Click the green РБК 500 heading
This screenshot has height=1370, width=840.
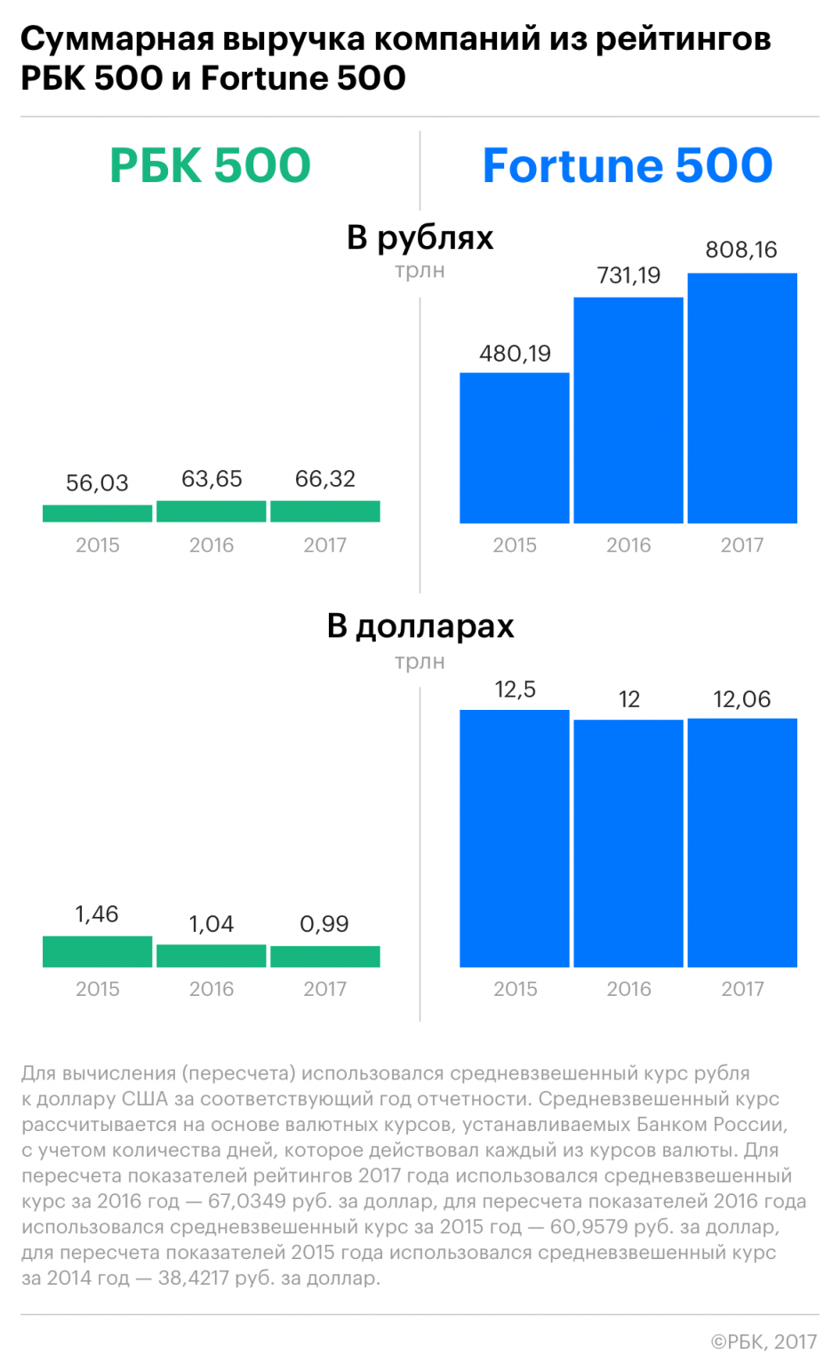(x=211, y=165)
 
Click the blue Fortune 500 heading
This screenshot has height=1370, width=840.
(x=628, y=165)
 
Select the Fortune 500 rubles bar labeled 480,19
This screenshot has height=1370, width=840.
(x=515, y=448)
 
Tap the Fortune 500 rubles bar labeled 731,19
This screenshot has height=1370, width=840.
(x=628, y=410)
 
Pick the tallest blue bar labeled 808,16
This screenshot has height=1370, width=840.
(x=742, y=398)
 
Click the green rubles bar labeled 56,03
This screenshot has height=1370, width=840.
(x=97, y=514)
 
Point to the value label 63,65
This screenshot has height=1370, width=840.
(x=212, y=478)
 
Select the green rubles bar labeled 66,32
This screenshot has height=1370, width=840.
(x=324, y=511)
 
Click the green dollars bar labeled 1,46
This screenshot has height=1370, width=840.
(x=97, y=952)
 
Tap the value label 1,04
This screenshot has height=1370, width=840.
(x=211, y=923)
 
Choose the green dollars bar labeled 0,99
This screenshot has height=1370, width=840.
(x=324, y=957)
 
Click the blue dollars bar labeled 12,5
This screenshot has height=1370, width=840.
(x=515, y=839)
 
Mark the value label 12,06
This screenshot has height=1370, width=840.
(x=742, y=699)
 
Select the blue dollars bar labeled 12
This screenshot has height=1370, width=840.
(x=628, y=843)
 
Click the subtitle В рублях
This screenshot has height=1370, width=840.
(x=420, y=238)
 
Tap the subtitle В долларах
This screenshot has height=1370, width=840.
(x=420, y=627)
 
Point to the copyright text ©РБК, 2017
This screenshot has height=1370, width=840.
(x=764, y=1342)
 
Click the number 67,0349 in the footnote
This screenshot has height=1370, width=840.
(x=246, y=1200)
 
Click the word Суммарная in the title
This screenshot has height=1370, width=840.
(x=117, y=40)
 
